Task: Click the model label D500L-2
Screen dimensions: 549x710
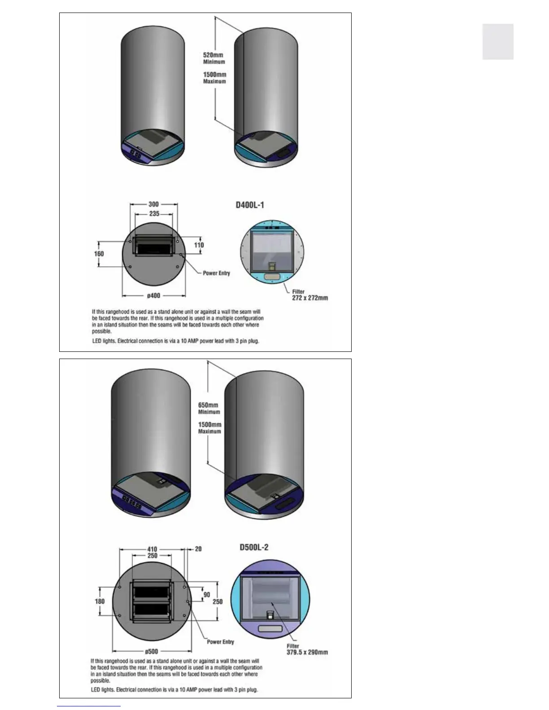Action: click(254, 547)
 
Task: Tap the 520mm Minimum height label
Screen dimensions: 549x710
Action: click(214, 58)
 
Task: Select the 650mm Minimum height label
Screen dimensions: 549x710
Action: click(209, 408)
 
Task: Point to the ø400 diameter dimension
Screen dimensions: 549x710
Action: click(154, 296)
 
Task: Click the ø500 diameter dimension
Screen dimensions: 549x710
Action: click(152, 651)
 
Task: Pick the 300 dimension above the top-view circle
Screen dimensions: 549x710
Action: click(154, 204)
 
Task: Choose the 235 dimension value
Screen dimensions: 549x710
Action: click(154, 213)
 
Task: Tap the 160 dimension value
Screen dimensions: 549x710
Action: click(99, 254)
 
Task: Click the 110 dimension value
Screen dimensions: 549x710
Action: click(199, 245)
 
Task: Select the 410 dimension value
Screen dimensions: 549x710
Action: click(152, 549)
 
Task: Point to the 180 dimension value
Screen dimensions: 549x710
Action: click(100, 602)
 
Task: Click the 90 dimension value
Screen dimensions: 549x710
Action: click(207, 595)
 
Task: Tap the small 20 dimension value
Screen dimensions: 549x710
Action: click(198, 549)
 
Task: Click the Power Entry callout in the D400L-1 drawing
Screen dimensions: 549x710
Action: click(216, 273)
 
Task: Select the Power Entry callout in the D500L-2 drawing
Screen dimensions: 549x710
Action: click(220, 642)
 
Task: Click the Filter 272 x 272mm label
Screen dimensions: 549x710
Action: click(309, 295)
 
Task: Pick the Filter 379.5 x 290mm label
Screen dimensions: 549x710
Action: click(307, 649)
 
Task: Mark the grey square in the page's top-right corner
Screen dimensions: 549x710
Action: click(498, 42)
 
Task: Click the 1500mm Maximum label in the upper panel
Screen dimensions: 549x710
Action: click(214, 78)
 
